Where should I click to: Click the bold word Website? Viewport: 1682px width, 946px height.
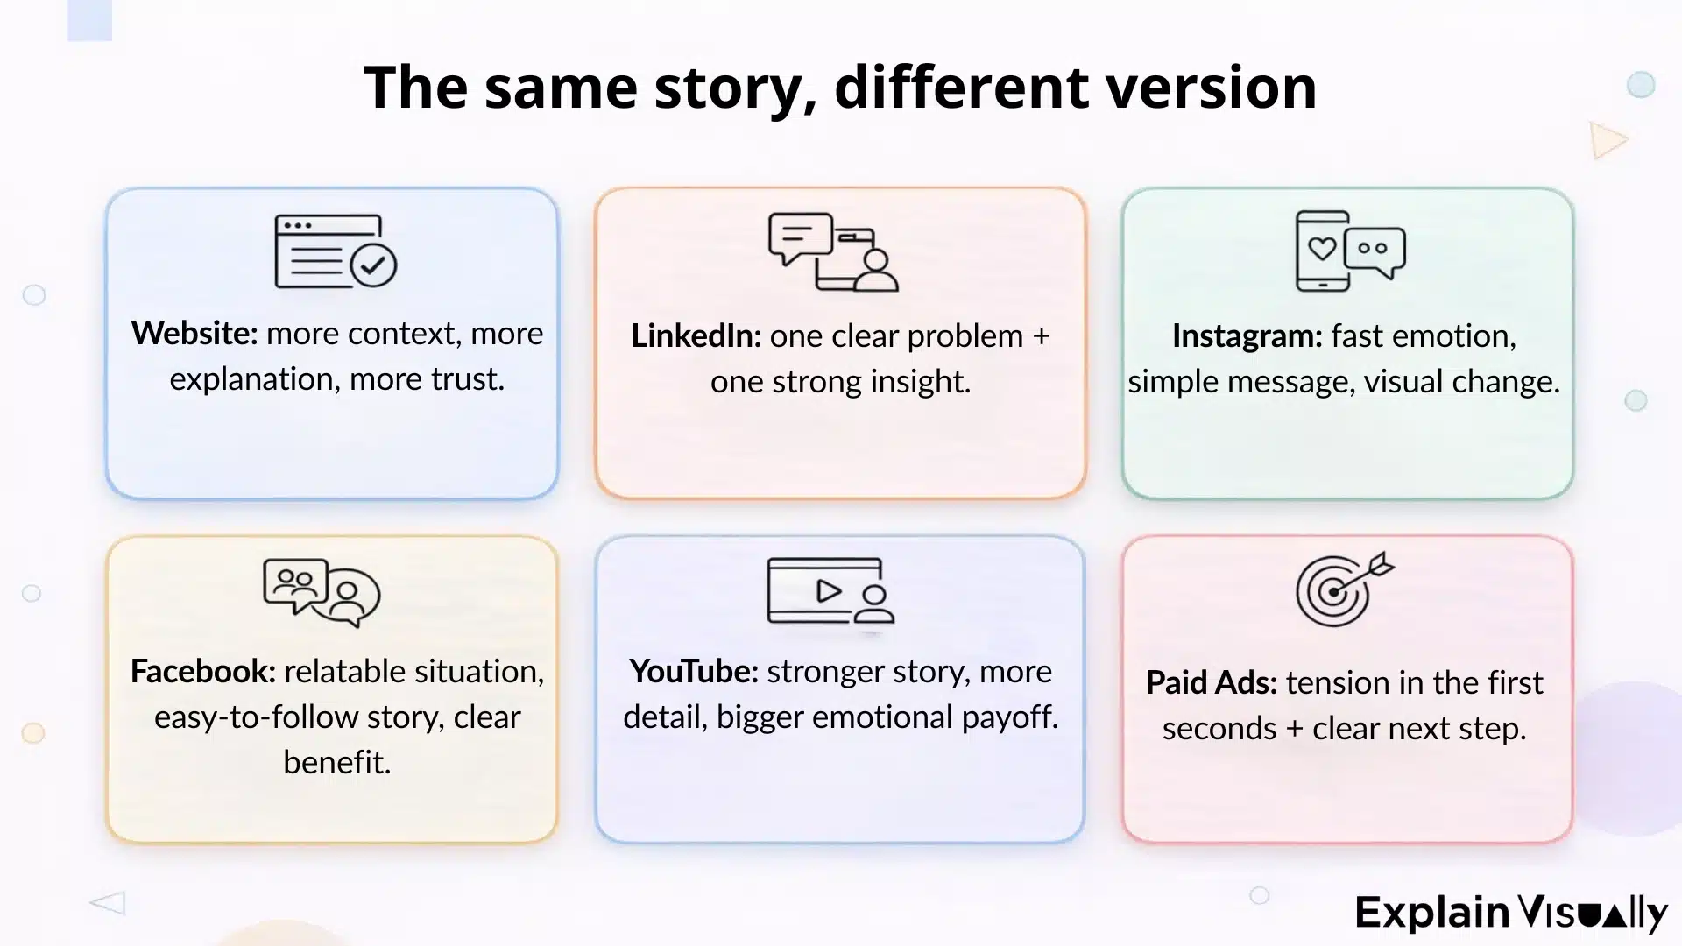(x=194, y=334)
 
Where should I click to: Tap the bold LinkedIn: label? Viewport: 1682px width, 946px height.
(x=696, y=336)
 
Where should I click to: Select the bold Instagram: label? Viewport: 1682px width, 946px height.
(x=1247, y=336)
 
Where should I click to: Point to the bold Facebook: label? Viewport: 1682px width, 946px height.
(x=202, y=672)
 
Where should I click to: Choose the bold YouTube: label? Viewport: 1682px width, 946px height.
(x=693, y=672)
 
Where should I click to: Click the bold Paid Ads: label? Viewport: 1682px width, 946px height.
(x=1211, y=683)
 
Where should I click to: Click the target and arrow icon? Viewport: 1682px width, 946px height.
(x=1342, y=589)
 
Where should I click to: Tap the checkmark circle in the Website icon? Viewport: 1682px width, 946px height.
(x=374, y=265)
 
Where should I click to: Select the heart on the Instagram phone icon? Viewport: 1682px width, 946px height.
(x=1322, y=249)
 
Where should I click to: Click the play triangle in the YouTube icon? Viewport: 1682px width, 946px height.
(x=828, y=591)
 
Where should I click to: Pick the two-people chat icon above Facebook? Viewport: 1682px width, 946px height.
(x=321, y=592)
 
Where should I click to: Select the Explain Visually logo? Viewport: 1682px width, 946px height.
(x=1510, y=913)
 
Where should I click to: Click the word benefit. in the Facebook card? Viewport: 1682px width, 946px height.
(x=336, y=763)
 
